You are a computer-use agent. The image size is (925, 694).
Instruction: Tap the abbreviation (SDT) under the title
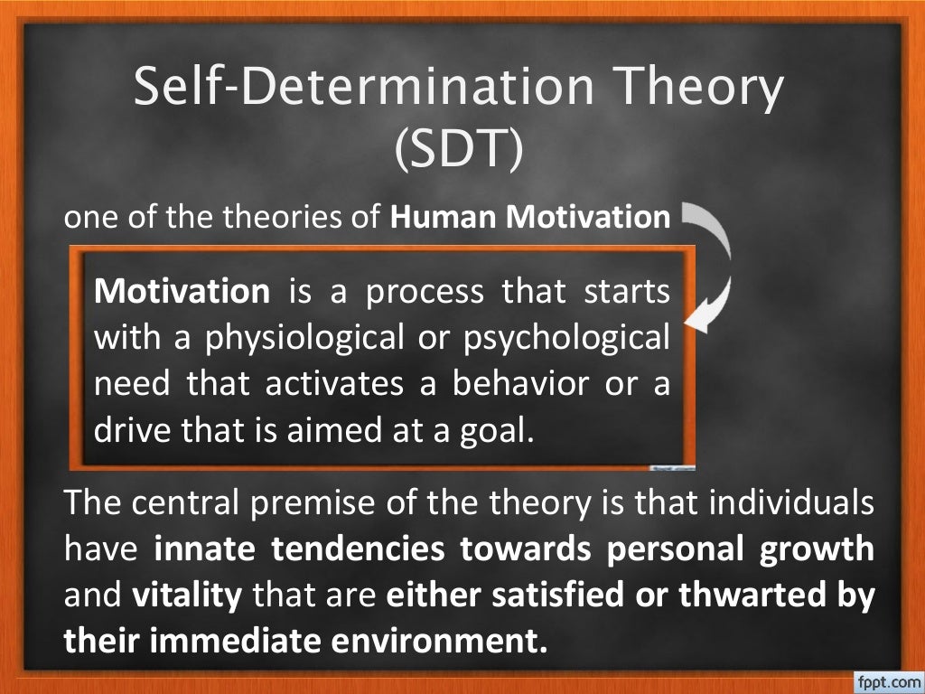point(458,149)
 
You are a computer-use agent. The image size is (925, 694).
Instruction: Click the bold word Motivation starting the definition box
point(182,291)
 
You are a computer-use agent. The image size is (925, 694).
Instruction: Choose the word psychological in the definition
point(566,337)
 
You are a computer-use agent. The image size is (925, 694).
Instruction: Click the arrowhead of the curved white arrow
point(698,319)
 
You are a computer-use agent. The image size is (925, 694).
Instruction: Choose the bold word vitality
point(188,596)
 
